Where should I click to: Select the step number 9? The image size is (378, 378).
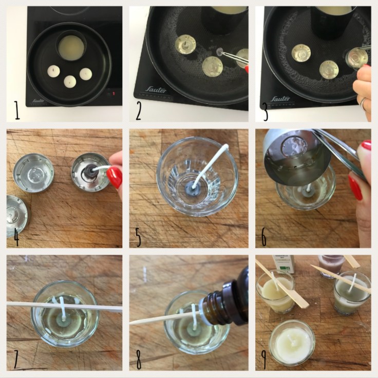pos(264,359)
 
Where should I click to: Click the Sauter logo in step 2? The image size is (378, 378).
pos(155,90)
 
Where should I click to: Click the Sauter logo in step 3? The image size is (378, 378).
pos(280,98)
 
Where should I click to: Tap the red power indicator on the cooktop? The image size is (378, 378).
pos(114,94)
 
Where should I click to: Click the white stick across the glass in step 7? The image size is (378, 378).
pos(64,307)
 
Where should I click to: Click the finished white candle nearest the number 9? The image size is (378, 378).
pos(292,342)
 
